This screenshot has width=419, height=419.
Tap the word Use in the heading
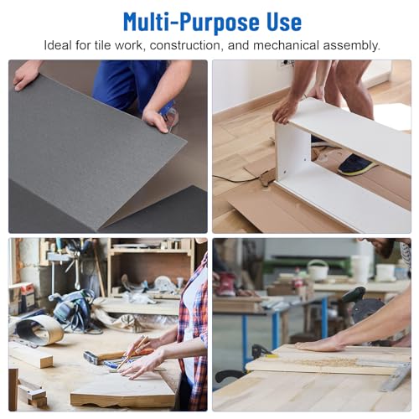click(x=284, y=21)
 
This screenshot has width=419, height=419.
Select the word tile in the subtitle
click(x=102, y=45)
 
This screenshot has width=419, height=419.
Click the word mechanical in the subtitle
click(x=286, y=45)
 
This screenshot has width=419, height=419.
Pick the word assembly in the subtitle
click(x=352, y=46)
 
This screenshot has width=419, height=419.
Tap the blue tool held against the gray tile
click(x=170, y=115)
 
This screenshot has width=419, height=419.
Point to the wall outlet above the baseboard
click(x=287, y=63)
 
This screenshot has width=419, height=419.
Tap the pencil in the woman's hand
click(x=132, y=353)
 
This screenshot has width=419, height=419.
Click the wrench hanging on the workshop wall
click(x=76, y=268)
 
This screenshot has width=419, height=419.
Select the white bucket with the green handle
click(x=318, y=270)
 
